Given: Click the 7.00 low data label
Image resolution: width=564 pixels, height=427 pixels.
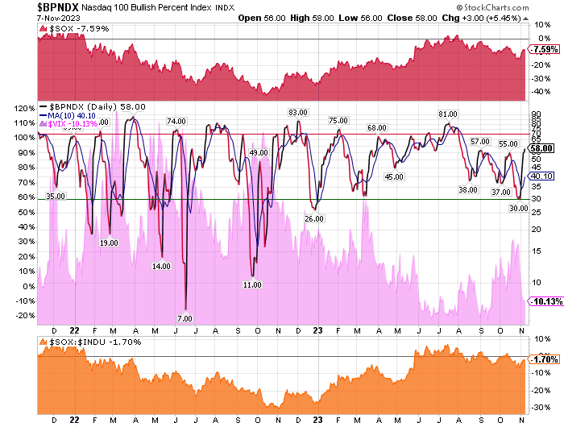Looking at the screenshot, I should pos(185,318).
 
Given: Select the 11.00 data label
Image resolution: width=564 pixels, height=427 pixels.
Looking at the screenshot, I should pos(253,284).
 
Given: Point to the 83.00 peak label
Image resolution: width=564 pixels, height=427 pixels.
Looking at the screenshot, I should pos(299,113).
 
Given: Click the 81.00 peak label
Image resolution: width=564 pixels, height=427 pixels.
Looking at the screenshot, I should pos(448,114).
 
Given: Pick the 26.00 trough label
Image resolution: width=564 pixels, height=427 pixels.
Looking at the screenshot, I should pos(313,218).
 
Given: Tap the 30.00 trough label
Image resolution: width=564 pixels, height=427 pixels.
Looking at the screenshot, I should pos(519,208).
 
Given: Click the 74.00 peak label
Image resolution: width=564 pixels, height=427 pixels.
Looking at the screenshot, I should pos(176,121).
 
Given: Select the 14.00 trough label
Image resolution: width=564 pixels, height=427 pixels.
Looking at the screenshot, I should pos(162,265).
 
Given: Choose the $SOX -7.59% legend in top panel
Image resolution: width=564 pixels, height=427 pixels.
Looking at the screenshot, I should pos(68,30).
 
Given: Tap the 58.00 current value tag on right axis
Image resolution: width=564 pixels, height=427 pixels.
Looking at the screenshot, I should pos(541,148).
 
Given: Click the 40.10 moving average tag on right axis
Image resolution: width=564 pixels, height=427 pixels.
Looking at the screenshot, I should pos(541,176).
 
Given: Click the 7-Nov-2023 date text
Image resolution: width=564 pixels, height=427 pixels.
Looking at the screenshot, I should pos(23,19).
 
